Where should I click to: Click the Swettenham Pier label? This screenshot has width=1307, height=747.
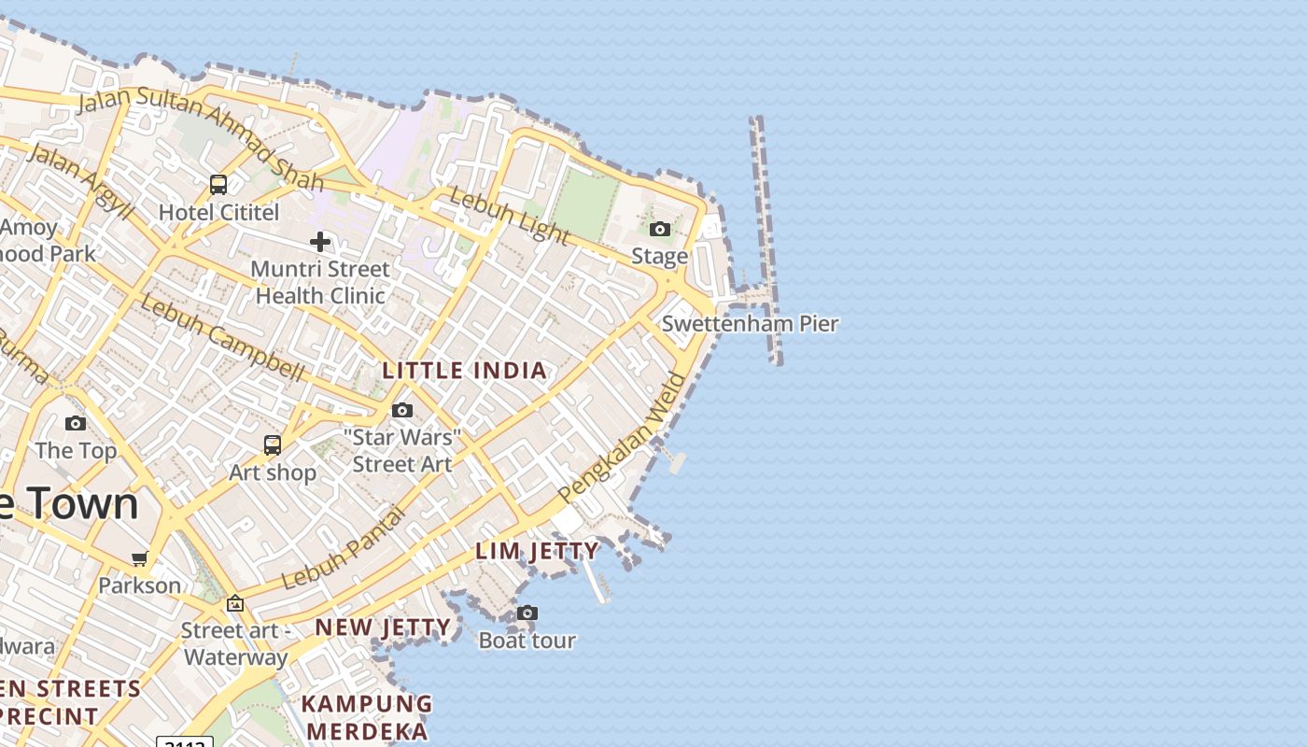coord(750,324)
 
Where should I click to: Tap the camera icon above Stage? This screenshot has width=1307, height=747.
coord(660,230)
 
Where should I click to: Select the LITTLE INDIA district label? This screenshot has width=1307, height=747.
coord(465,371)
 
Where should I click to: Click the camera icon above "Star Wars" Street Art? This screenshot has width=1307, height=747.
coord(402,411)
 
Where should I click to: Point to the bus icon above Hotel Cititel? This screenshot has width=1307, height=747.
coord(218,185)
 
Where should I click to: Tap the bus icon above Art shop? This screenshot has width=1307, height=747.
coord(273,445)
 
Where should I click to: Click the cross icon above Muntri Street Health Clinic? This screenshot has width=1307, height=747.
coord(320,243)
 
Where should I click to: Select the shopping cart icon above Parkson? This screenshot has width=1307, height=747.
coord(140,559)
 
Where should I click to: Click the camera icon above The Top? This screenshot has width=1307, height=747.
coord(76,424)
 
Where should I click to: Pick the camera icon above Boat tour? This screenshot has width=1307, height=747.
coord(527,613)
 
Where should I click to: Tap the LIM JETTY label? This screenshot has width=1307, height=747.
coord(538,551)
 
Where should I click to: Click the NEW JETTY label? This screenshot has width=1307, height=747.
coord(383,627)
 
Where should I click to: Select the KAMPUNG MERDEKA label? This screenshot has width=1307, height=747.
coord(367,716)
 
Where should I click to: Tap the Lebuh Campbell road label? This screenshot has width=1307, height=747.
coord(222,338)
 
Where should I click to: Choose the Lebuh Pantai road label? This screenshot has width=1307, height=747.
coord(344,548)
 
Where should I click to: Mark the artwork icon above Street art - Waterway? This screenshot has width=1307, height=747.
coord(234,604)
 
